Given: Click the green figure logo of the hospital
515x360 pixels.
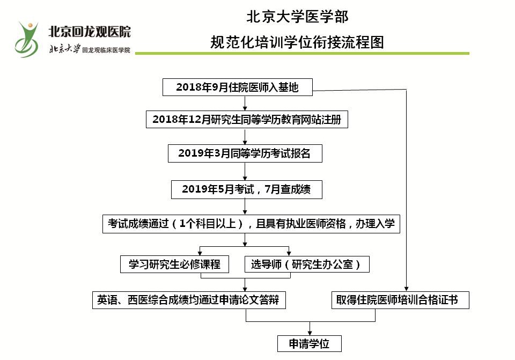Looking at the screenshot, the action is click(26, 40).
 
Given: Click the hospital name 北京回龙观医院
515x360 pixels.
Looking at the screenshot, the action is click(90, 32).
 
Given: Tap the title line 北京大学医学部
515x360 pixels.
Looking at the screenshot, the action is click(297, 17).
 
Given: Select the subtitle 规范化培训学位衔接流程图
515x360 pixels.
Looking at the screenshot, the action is click(297, 42).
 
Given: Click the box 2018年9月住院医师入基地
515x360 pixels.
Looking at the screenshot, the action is click(238, 87).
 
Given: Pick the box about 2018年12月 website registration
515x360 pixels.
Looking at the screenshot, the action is click(247, 119).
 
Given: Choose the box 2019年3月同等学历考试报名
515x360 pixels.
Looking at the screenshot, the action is click(245, 153).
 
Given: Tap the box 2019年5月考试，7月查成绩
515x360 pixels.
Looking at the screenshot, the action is click(247, 189).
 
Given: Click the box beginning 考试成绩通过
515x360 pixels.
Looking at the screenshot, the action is click(251, 224).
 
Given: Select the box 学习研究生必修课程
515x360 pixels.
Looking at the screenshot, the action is click(174, 265).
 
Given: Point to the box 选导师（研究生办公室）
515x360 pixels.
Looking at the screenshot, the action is click(307, 265).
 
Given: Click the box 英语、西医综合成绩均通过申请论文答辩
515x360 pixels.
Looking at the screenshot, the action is click(189, 300).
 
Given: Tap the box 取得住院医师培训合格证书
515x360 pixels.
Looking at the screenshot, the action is click(400, 300).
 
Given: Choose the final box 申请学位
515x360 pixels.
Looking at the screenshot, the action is click(310, 343).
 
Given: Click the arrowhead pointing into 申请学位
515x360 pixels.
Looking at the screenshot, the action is click(310, 333).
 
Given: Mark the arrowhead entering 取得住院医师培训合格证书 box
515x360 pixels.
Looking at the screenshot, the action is click(406, 289).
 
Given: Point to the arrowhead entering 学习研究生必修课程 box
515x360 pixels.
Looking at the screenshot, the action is click(200, 254).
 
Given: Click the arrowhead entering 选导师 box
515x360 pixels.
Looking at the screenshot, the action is click(289, 254).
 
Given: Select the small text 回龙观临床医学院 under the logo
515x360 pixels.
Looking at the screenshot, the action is click(106, 50).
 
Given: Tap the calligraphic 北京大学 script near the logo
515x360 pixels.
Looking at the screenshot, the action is click(65, 49).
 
